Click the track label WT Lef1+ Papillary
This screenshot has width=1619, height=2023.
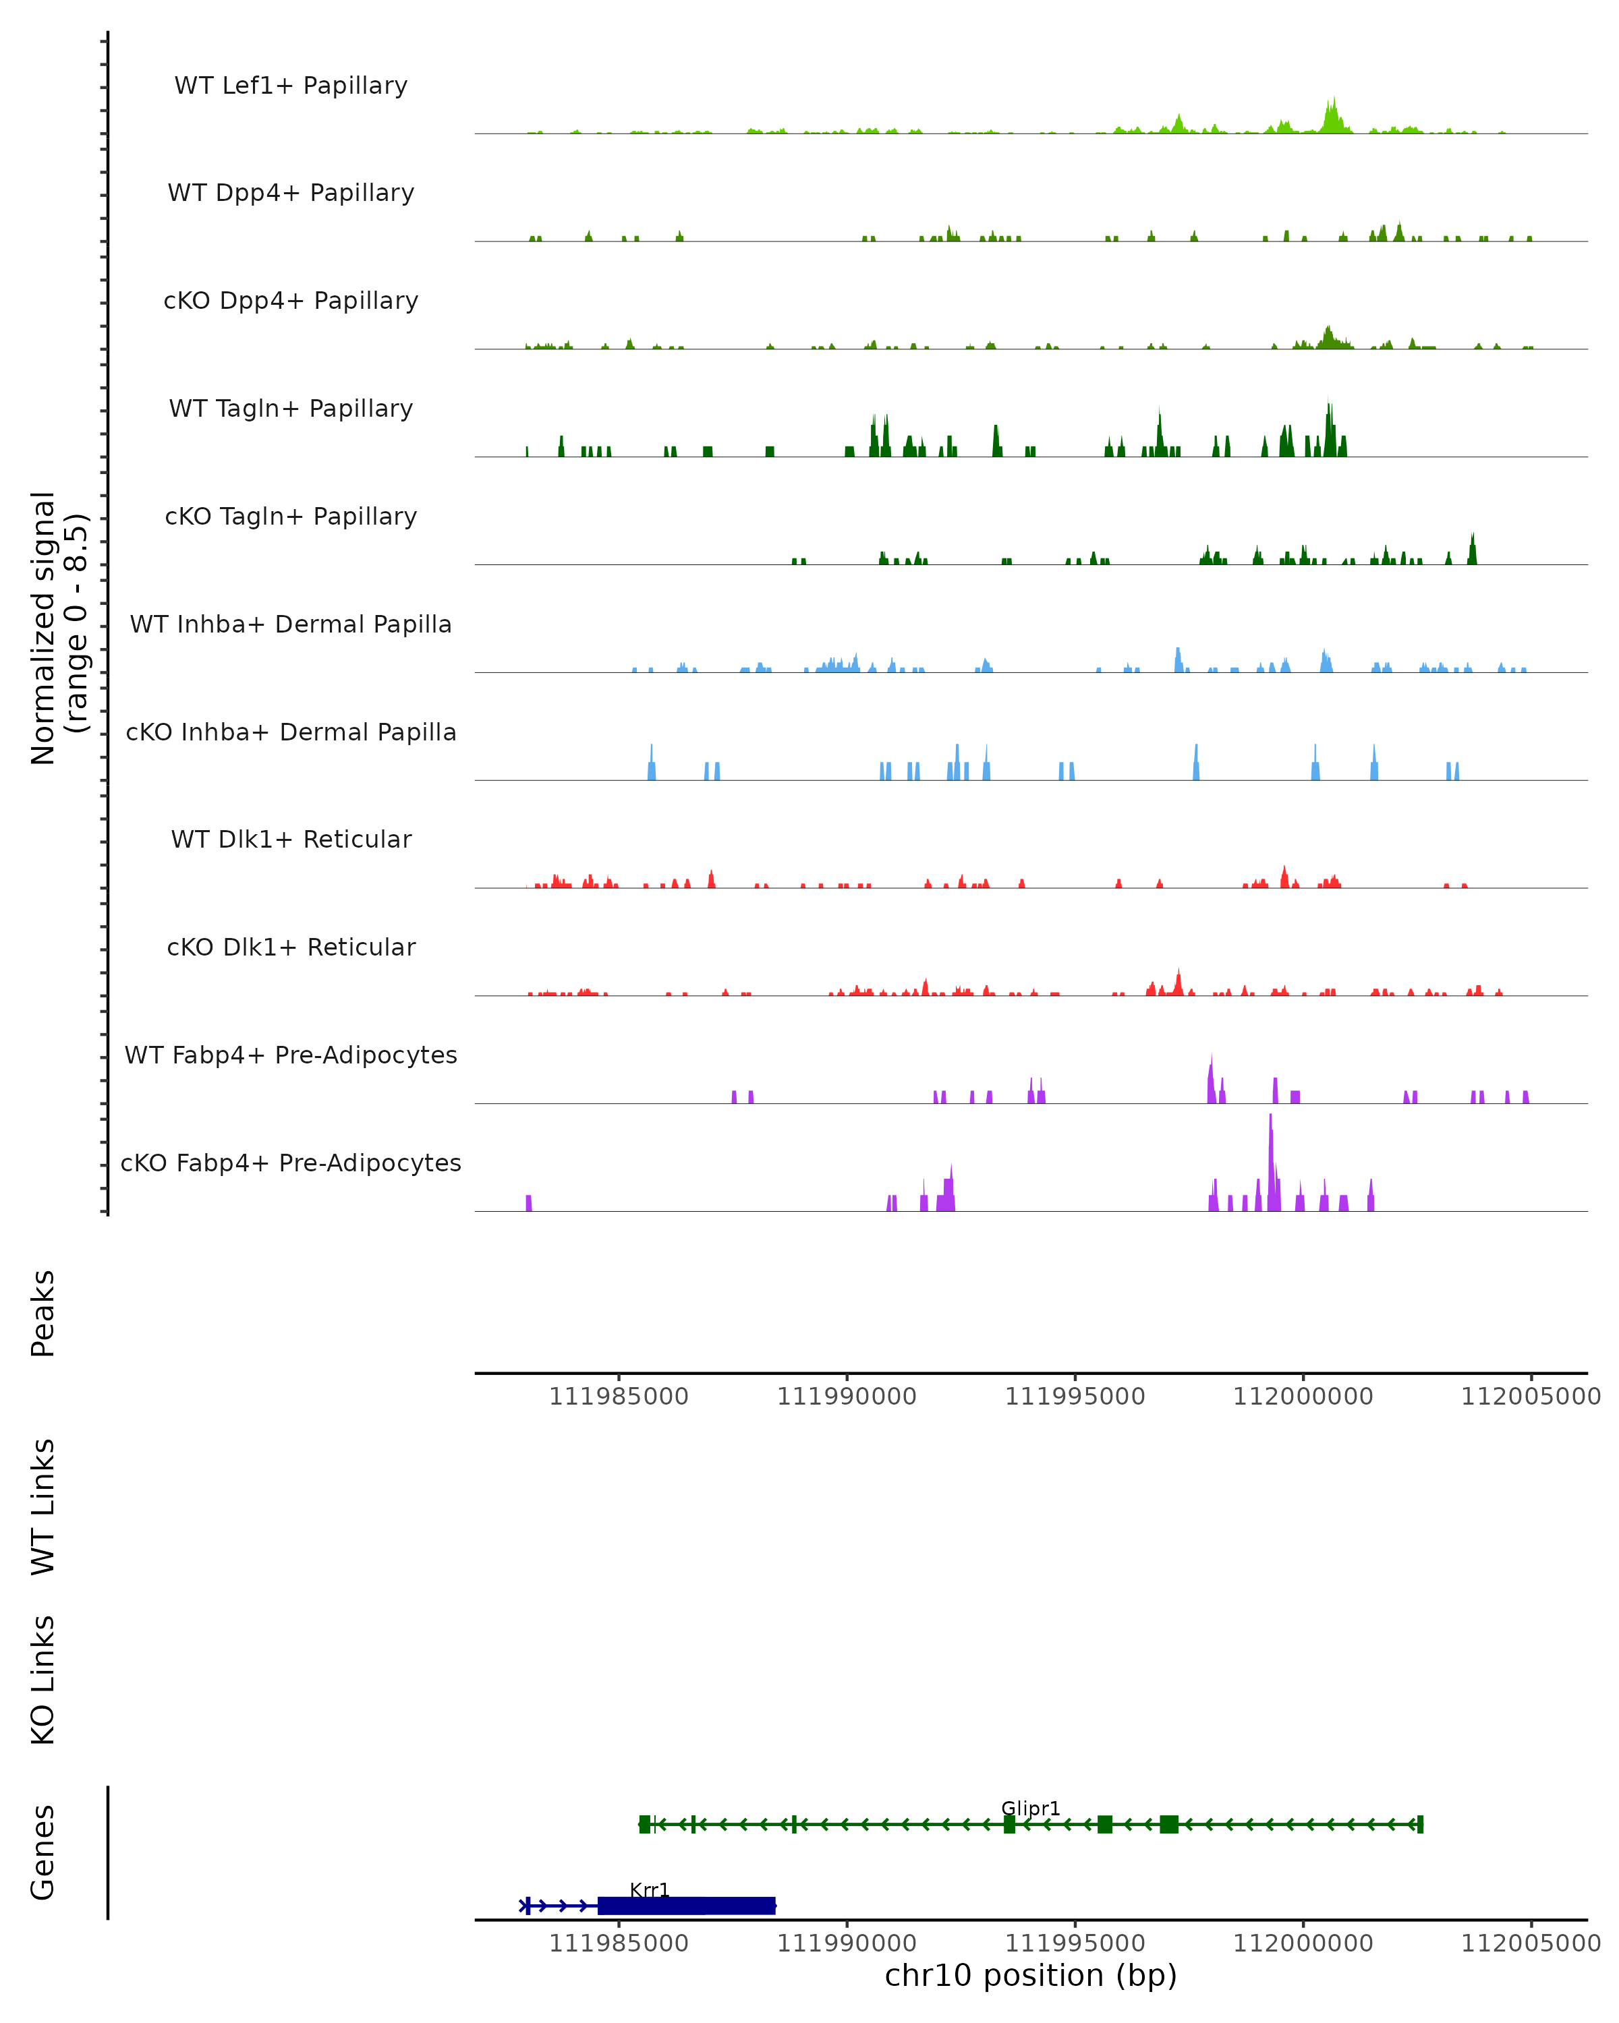pos(291,86)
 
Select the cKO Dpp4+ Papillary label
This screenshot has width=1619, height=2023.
pos(291,301)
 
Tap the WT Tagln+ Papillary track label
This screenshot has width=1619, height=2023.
pos(291,409)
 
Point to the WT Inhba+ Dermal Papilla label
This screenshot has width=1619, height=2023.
pos(291,625)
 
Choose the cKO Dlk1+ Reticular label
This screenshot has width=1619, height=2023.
pos(291,947)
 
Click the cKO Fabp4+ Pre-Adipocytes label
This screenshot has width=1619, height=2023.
pos(291,1163)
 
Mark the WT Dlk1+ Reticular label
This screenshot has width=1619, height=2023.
pos(291,840)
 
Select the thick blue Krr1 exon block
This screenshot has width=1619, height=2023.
pos(686,1906)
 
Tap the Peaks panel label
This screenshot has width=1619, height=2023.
pos(43,1313)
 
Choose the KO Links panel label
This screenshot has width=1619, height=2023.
pos(43,1680)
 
